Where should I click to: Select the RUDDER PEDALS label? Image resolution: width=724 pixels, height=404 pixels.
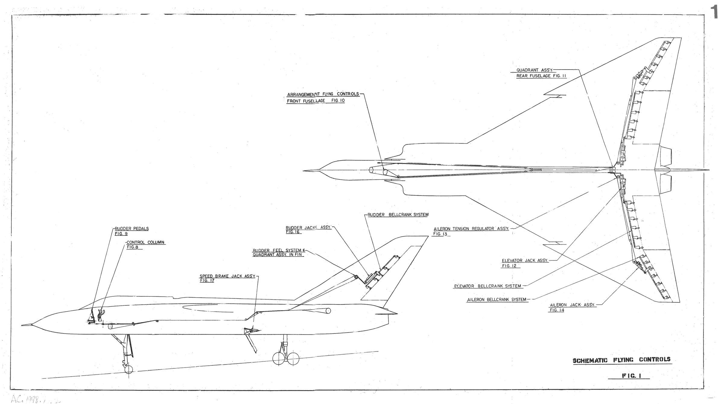132,229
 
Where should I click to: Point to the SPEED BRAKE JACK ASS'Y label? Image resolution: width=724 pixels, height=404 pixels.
227,276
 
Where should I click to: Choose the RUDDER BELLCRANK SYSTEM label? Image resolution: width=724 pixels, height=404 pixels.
398,215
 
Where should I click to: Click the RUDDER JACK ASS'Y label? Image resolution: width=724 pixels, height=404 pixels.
309,228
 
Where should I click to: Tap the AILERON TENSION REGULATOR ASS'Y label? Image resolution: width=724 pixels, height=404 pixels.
471,229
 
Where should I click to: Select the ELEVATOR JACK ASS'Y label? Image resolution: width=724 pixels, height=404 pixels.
525,260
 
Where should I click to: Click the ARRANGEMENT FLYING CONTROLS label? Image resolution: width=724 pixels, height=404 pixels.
323,94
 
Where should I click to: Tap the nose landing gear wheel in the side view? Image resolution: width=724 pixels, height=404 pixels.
129,369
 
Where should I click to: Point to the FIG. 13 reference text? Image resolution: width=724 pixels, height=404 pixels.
440,234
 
